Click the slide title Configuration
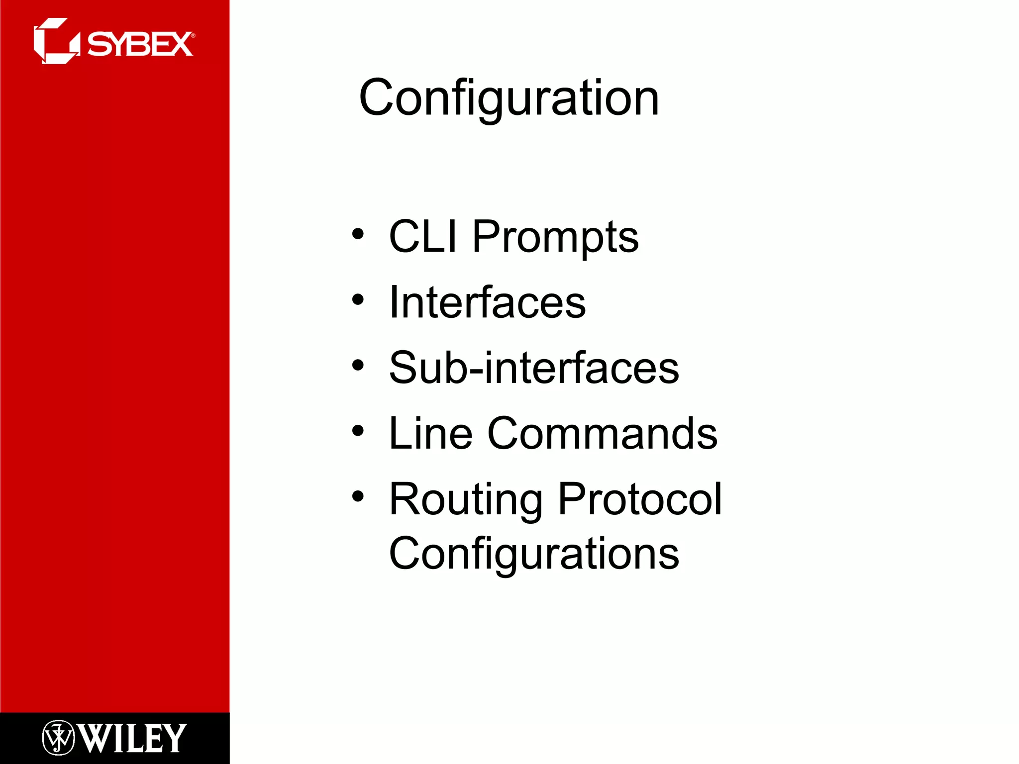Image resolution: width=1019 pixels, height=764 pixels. [509, 98]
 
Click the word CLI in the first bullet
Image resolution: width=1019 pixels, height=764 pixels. [422, 237]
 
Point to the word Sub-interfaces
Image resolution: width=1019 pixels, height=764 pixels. [534, 368]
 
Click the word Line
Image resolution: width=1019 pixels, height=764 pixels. [430, 434]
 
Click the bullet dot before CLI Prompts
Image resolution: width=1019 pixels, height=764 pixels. [358, 234]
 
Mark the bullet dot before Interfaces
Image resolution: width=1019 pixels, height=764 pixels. [358, 299]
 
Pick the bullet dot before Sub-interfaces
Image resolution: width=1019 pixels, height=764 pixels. [358, 366]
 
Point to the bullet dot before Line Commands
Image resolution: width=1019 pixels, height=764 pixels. [358, 431]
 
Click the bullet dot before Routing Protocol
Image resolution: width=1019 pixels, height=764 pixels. [358, 496]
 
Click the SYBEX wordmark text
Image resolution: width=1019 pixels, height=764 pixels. [140, 44]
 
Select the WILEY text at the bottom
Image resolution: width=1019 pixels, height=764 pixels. [132, 739]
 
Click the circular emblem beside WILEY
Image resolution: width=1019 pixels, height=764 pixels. [58, 738]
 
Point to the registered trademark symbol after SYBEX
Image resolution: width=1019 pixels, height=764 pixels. [193, 36]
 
